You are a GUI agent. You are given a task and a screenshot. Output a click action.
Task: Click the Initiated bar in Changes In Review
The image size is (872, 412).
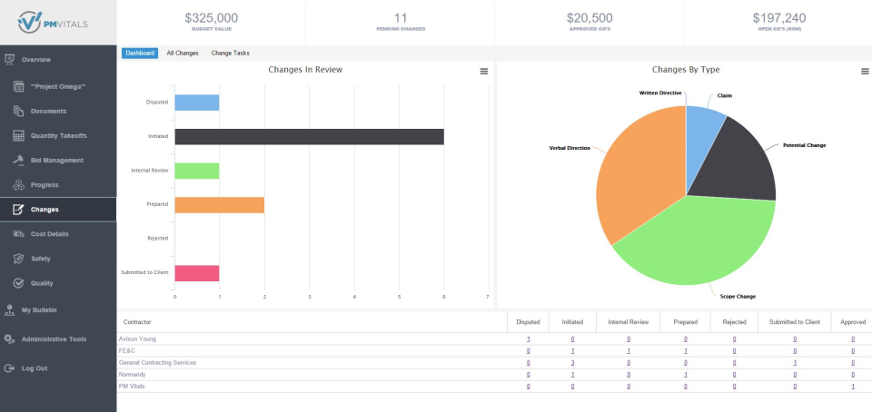click(309, 136)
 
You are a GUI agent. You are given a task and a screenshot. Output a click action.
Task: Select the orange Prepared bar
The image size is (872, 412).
click(219, 204)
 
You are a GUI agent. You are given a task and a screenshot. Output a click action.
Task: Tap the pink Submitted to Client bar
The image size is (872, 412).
click(196, 272)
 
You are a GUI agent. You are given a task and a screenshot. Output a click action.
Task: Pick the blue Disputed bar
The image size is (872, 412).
click(196, 103)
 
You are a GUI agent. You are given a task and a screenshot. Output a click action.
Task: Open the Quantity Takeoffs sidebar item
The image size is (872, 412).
click(59, 136)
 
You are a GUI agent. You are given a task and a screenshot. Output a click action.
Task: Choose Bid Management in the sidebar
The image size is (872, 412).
click(57, 161)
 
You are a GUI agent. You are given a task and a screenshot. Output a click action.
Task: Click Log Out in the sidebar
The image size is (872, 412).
click(35, 368)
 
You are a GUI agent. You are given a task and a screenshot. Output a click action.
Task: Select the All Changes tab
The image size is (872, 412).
click(183, 54)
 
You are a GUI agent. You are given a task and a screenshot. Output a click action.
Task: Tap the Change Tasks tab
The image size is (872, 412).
click(231, 54)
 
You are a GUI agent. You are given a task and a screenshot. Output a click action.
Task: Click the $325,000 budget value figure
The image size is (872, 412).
click(211, 17)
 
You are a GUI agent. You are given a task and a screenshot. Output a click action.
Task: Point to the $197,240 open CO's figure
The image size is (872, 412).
click(778, 17)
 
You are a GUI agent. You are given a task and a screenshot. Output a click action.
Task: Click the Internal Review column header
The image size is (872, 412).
click(628, 322)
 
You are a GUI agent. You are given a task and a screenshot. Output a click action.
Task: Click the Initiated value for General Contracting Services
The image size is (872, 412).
click(572, 362)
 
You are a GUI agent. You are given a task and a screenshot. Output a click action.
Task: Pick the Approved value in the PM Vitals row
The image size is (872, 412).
click(852, 386)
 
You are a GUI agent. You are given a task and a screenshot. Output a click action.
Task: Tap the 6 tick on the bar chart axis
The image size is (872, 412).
click(443, 297)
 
